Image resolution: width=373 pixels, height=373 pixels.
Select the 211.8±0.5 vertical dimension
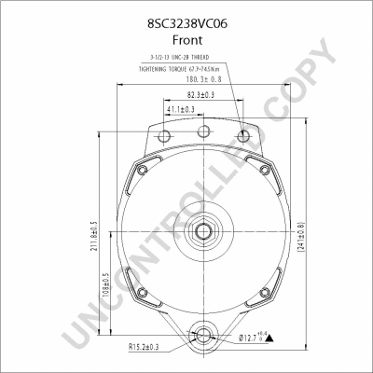coord(94,239)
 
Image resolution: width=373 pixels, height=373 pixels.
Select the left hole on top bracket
coord(165,137)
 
